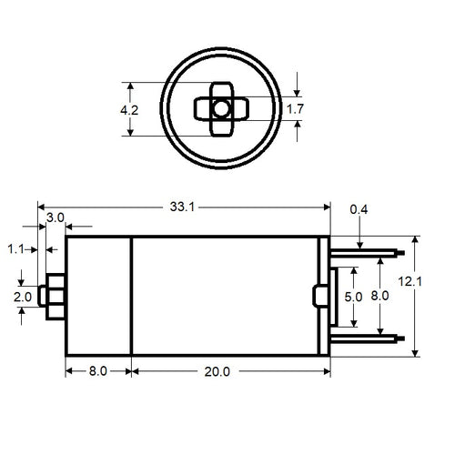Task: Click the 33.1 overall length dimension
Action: pos(182,207)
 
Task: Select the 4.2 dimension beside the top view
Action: pos(130,110)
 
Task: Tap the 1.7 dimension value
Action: pos(296,110)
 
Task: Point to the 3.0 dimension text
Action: pos(56,218)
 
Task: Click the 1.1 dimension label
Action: pos(16,248)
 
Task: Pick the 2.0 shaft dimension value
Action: pos(22,297)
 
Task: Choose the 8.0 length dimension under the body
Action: pos(97,371)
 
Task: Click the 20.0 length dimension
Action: pos(217,371)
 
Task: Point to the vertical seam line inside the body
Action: pos(132,296)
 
